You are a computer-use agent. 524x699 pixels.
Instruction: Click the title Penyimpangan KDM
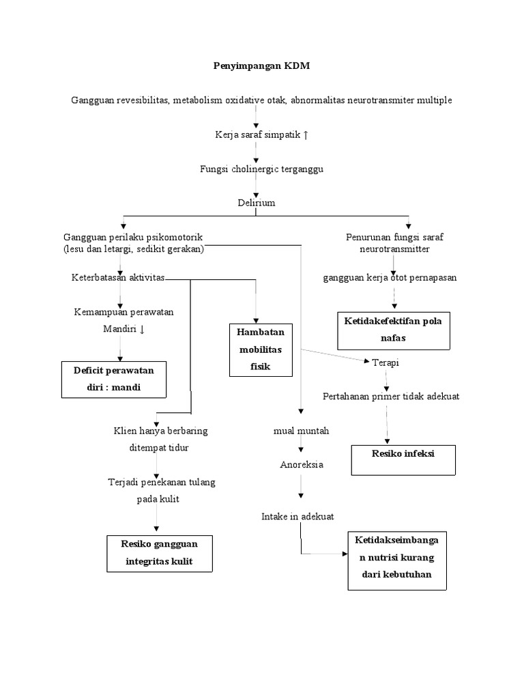click(261, 66)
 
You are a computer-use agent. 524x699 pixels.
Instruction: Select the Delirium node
click(257, 203)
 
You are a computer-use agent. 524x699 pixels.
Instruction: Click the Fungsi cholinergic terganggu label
click(261, 169)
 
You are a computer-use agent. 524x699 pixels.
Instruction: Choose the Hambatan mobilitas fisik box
click(261, 349)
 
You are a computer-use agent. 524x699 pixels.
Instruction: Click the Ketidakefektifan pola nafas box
click(394, 330)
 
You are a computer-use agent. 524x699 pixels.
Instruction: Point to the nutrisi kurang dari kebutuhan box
click(398, 560)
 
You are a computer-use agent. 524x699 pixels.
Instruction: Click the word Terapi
click(385, 362)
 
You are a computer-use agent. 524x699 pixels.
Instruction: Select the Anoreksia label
click(301, 465)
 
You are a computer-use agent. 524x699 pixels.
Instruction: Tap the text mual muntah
click(301, 431)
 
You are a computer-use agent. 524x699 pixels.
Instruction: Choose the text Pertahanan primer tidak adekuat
click(391, 397)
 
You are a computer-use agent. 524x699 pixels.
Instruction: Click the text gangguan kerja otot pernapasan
click(390, 278)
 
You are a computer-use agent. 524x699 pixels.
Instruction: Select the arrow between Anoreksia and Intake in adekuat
click(301, 490)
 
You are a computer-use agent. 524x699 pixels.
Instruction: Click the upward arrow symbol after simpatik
click(305, 135)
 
